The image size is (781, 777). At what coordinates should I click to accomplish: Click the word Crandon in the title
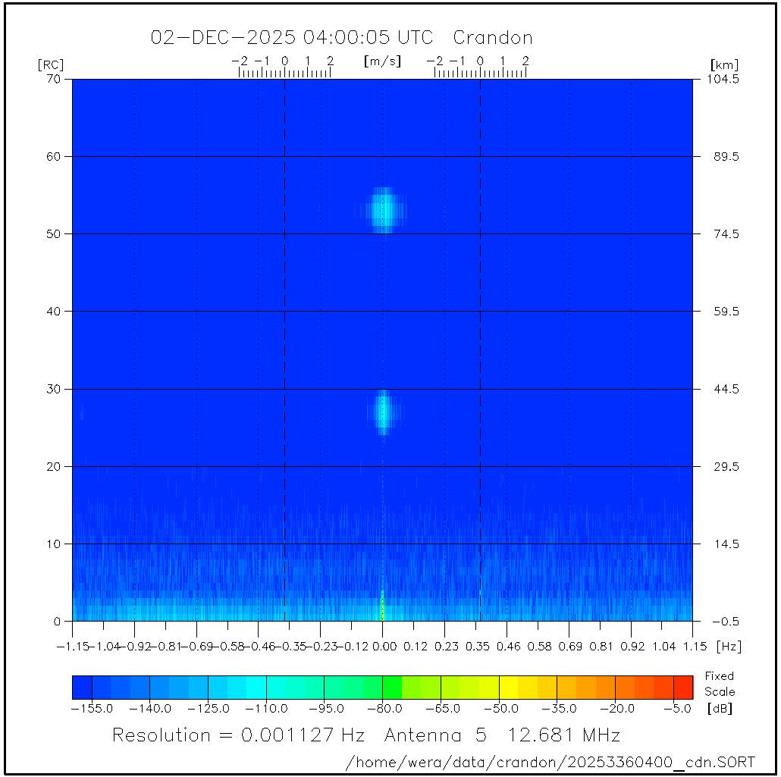point(492,37)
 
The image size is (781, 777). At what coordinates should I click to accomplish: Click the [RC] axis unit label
point(50,64)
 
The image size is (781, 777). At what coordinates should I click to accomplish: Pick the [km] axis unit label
point(724,64)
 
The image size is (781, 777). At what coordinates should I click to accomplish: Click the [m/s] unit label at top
point(382,61)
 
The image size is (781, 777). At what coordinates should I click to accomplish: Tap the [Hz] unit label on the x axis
point(729,647)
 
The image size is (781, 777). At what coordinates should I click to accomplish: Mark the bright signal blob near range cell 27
point(384,410)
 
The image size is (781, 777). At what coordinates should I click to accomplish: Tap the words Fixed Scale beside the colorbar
point(719,683)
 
